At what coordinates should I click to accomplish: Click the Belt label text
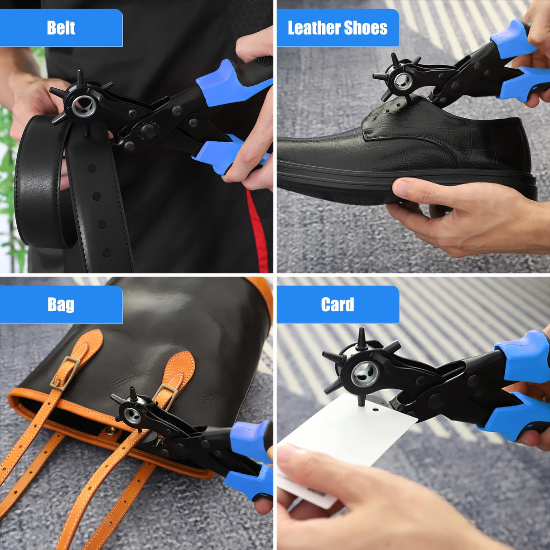click(61, 28)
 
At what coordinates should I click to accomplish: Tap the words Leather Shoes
click(338, 28)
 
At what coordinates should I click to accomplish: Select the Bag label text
click(61, 304)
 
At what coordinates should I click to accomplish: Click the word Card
click(338, 304)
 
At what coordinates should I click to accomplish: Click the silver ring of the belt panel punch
click(84, 106)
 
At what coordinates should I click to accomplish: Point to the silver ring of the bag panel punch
click(132, 415)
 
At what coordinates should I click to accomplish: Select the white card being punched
click(349, 435)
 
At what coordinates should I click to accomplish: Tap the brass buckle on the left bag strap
click(65, 373)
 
